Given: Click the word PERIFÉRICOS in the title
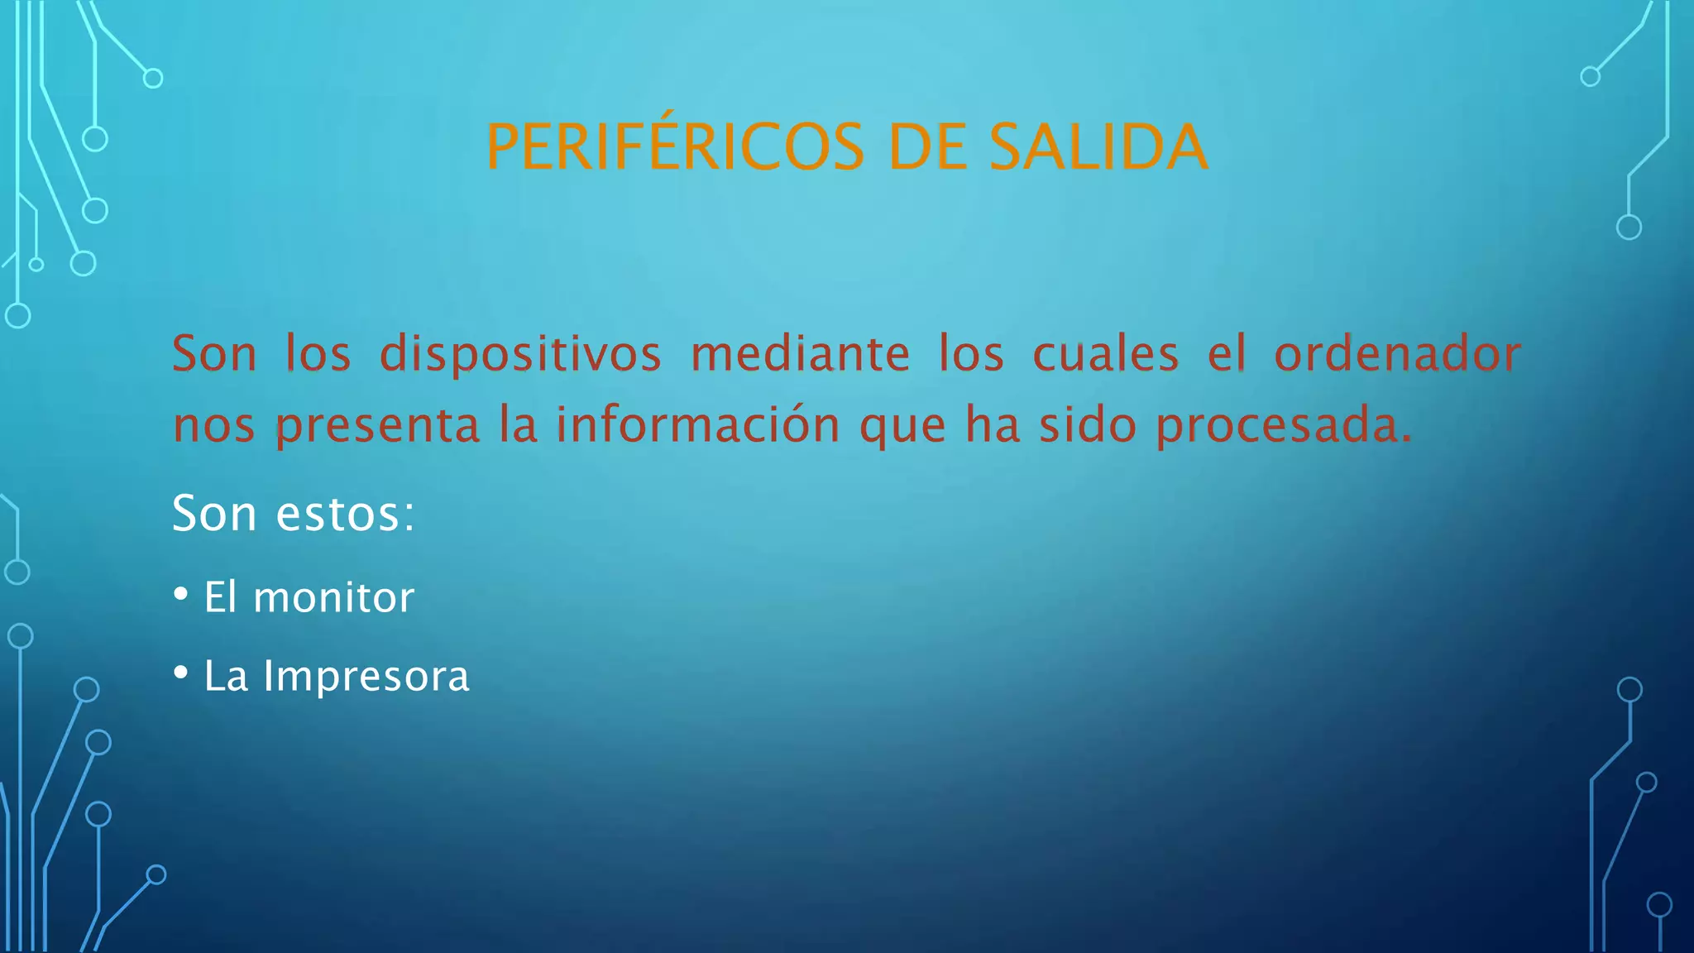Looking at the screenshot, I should pyautogui.click(x=675, y=147).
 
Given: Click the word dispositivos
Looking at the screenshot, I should pyautogui.click(x=520, y=354).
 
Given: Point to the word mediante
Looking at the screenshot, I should pyautogui.click(x=800, y=354).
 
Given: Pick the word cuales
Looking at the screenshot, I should pyautogui.click(x=1105, y=354).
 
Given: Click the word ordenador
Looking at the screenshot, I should pyautogui.click(x=1397, y=354).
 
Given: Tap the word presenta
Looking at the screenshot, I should pyautogui.click(x=377, y=426).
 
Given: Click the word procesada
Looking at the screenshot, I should pyautogui.click(x=1283, y=426).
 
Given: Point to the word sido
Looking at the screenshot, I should pyautogui.click(x=1088, y=424).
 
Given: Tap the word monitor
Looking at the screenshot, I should pyautogui.click(x=333, y=597).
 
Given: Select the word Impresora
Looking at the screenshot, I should pyautogui.click(x=366, y=676).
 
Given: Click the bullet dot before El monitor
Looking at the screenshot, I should pyautogui.click(x=181, y=595).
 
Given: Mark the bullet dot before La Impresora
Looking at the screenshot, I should pyautogui.click(x=181, y=673).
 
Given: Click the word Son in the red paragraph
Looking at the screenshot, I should pyautogui.click(x=214, y=354).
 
